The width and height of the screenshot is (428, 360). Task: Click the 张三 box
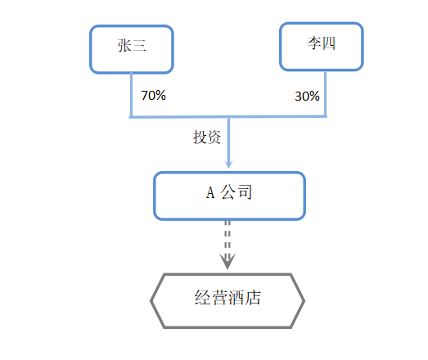tap(132, 49)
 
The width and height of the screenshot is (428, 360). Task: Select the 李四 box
tap(322, 47)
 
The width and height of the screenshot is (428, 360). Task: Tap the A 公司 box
tap(229, 196)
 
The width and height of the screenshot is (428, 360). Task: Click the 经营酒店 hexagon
tap(228, 300)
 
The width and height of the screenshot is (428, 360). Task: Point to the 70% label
tap(153, 95)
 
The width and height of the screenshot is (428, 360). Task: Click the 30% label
tap(307, 96)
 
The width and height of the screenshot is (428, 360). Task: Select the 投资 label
tap(207, 137)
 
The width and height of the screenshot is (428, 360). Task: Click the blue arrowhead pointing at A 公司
tap(228, 164)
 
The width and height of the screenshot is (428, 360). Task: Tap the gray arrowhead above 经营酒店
tap(228, 262)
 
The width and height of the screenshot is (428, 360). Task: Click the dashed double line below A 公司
tap(228, 237)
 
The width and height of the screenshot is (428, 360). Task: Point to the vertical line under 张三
tap(131, 95)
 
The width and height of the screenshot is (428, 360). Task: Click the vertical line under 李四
tap(325, 93)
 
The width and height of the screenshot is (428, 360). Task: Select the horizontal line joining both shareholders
tap(228, 117)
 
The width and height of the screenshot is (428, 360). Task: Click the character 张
tap(124, 45)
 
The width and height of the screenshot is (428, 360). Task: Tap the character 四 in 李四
tap(329, 43)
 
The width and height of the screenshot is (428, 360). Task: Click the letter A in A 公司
tap(210, 192)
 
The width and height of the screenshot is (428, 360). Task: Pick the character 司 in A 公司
tap(245, 192)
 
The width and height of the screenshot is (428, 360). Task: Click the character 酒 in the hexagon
tap(237, 298)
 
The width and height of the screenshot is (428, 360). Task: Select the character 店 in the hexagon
tap(253, 298)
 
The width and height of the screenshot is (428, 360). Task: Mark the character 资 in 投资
tap(214, 137)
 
